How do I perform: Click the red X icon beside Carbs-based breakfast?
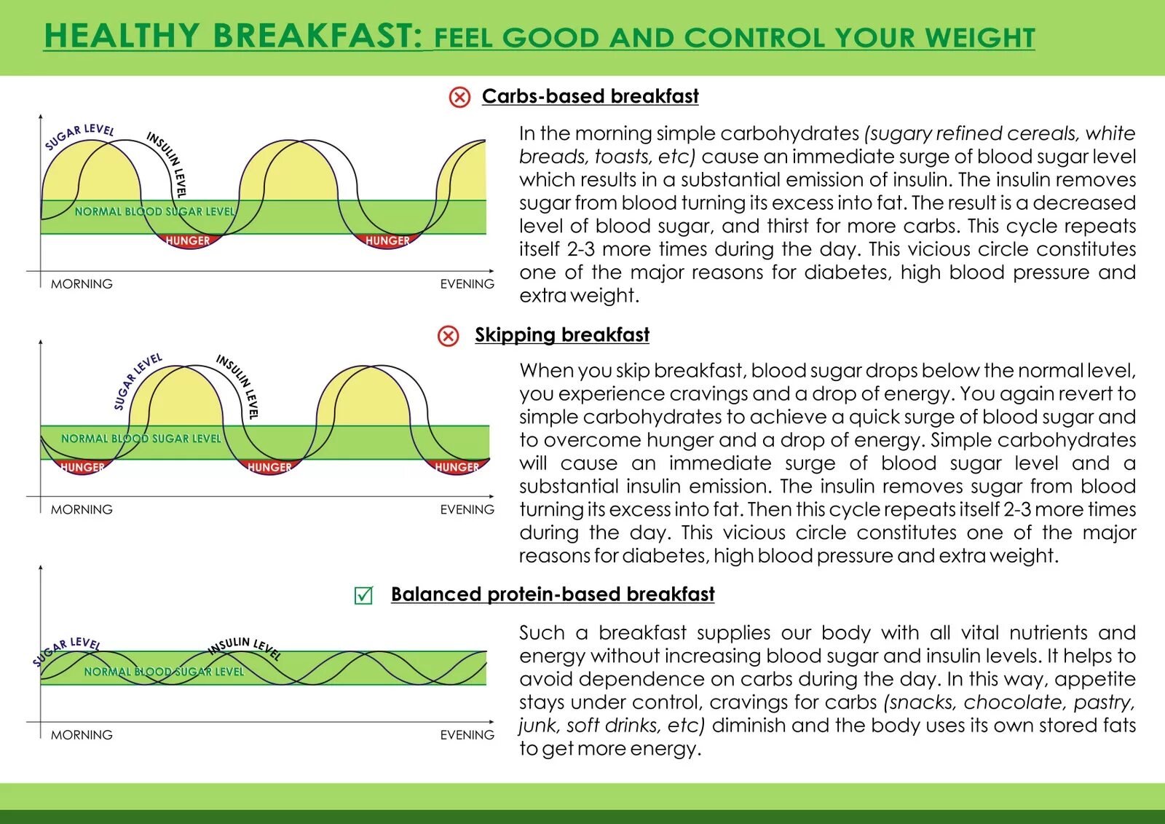[459, 97]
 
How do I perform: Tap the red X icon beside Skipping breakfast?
[449, 336]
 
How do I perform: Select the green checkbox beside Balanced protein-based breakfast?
[363, 595]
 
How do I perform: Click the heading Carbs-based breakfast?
[590, 96]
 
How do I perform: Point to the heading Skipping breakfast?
[561, 334]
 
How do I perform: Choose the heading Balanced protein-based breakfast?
[553, 594]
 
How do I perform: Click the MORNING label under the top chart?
[82, 284]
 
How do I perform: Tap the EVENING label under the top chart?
[467, 284]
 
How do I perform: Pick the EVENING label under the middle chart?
[467, 509]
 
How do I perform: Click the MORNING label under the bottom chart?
[82, 734]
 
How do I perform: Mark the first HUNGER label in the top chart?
[187, 240]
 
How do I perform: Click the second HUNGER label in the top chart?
[387, 240]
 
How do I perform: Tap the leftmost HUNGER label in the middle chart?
[82, 467]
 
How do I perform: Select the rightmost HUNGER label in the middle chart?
[457, 467]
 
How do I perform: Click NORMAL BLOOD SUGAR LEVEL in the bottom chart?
[164, 672]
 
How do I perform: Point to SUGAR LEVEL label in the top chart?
[79, 136]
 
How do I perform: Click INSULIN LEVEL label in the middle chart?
[239, 385]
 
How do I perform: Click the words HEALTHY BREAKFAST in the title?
[233, 36]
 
